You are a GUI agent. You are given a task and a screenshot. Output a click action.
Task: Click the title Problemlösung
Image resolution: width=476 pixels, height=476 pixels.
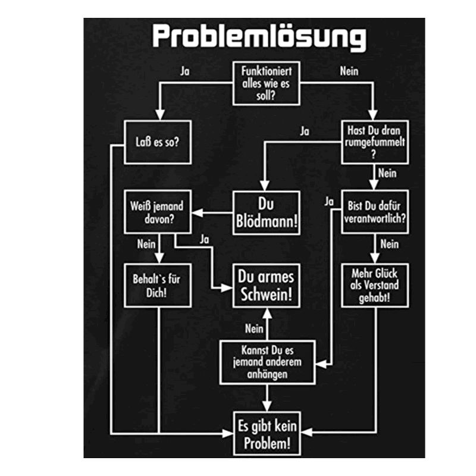click(x=259, y=37)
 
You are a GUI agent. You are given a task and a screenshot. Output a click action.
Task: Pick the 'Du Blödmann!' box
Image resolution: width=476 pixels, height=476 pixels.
click(x=266, y=212)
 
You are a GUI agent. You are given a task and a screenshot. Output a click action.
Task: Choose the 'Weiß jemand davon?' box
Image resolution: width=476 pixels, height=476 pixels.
click(x=157, y=212)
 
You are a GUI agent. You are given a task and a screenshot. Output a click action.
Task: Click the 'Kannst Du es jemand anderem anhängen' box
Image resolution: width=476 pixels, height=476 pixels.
click(x=266, y=362)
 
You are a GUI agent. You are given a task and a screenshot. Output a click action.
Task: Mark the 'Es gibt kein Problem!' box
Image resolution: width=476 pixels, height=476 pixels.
click(x=266, y=435)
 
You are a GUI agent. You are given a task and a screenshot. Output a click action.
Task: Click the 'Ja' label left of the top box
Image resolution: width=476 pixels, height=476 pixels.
click(x=185, y=71)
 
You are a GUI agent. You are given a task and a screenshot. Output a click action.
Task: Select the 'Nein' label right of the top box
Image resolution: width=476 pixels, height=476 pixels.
click(x=349, y=71)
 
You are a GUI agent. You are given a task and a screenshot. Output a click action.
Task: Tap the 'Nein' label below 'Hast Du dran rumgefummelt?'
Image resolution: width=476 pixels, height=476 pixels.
click(x=387, y=174)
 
